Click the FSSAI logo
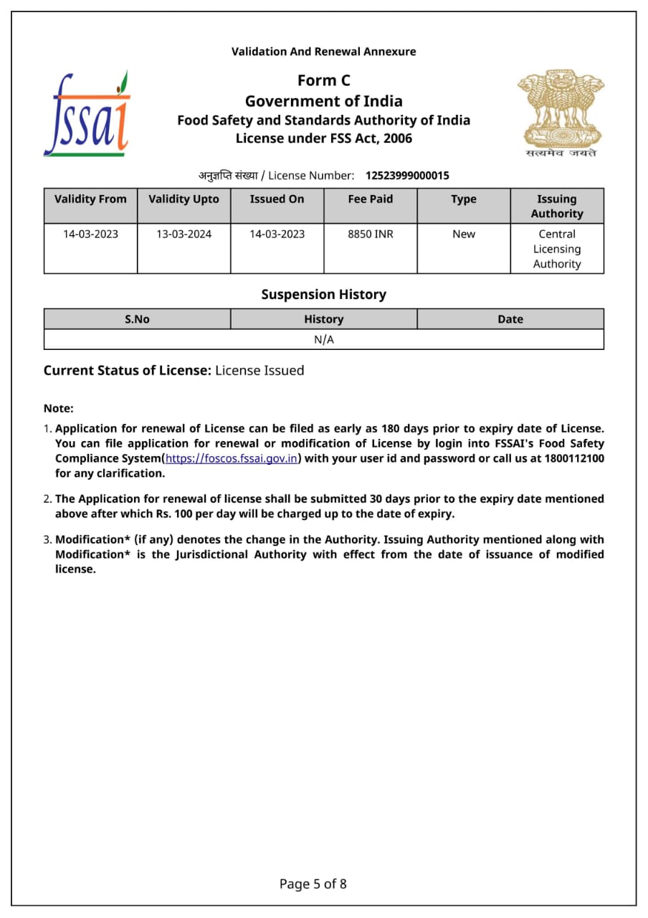[87, 114]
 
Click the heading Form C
[324, 80]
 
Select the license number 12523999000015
[407, 176]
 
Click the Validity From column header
[90, 199]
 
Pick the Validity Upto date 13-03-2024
[184, 234]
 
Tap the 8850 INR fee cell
[371, 234]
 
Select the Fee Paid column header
[371, 199]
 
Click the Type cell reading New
[464, 234]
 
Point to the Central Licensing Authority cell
[557, 249]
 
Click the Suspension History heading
[323, 295]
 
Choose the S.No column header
[137, 319]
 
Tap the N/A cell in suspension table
[324, 340]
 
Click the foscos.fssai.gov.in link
[232, 459]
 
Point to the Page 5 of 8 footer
[313, 884]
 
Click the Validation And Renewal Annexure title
[323, 52]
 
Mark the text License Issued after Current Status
[259, 371]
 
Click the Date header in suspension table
[510, 319]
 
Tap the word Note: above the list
[59, 408]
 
